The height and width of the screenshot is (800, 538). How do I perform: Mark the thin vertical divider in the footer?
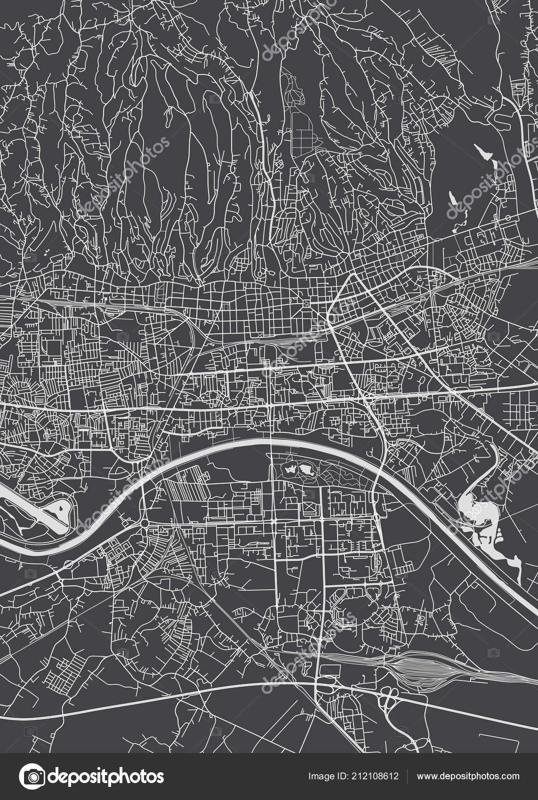click(x=408, y=776)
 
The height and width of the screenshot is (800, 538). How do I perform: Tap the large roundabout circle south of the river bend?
click(x=145, y=523)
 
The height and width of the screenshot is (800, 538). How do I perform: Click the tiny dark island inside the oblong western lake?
click(x=62, y=507)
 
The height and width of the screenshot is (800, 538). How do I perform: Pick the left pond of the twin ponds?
click(x=290, y=470)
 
